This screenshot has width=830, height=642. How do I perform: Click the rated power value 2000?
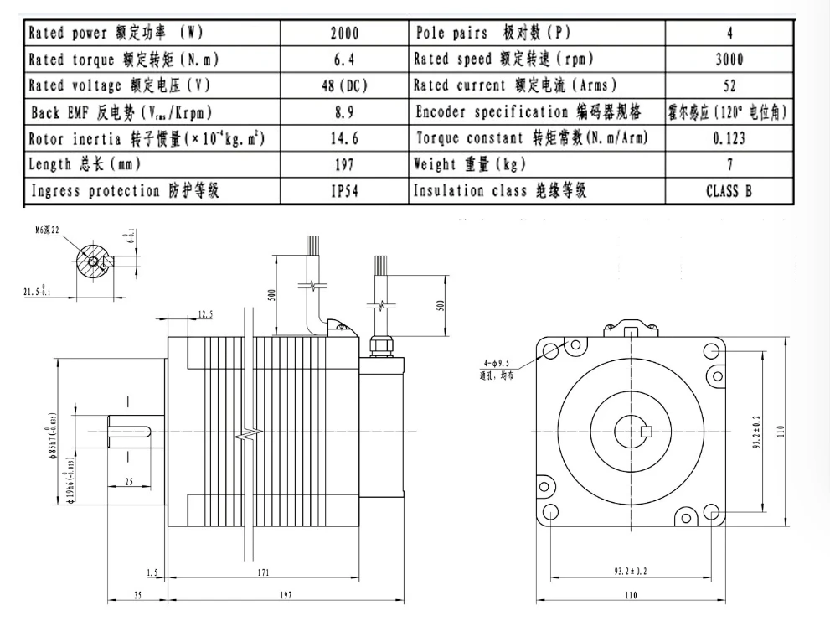coord(344,34)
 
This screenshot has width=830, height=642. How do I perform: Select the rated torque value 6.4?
coord(344,60)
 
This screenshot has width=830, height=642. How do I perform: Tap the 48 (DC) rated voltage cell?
coord(344,86)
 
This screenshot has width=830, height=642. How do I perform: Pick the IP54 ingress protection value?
coord(343,191)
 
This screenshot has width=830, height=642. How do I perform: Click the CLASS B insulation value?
coord(729,191)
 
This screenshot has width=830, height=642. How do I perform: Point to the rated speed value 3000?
coord(729,60)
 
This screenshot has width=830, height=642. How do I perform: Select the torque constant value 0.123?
coord(729,139)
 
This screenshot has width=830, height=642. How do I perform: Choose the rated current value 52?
coord(729,86)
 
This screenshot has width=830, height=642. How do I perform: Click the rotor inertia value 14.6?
coord(343,139)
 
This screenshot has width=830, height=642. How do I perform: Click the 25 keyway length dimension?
coord(128,482)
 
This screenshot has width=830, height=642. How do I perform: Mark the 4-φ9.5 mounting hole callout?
coord(495,363)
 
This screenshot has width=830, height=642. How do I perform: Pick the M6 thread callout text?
coord(49,229)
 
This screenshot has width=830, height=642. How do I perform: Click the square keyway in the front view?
coord(645,432)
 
